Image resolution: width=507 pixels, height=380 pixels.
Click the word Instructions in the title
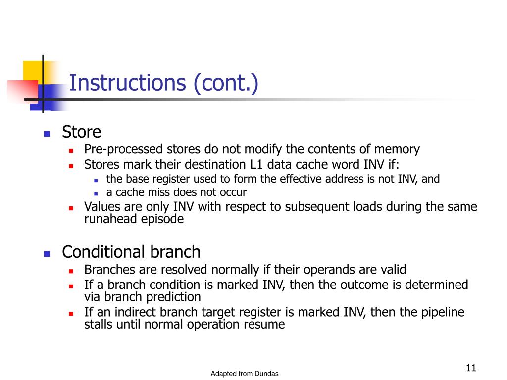pyautogui.click(x=127, y=83)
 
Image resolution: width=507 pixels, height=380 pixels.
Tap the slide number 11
pyautogui.click(x=471, y=368)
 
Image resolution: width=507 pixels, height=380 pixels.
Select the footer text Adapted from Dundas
pyautogui.click(x=245, y=374)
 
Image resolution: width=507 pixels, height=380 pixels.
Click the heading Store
pyautogui.click(x=81, y=132)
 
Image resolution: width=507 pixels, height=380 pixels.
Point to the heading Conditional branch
pyautogui.click(x=131, y=252)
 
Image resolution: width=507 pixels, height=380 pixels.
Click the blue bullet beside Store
pyautogui.click(x=47, y=134)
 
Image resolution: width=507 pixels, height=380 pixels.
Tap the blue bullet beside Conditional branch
pyautogui.click(x=47, y=254)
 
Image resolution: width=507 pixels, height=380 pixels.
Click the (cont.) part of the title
pyautogui.click(x=226, y=83)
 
